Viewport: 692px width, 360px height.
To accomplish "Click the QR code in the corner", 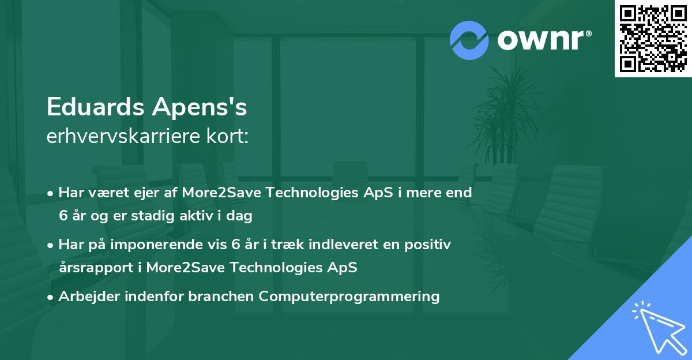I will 653,39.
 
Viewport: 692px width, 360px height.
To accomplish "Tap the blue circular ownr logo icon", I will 469,40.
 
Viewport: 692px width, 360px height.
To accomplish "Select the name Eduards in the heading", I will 95,107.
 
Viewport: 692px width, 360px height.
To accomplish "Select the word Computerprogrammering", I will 349,297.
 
